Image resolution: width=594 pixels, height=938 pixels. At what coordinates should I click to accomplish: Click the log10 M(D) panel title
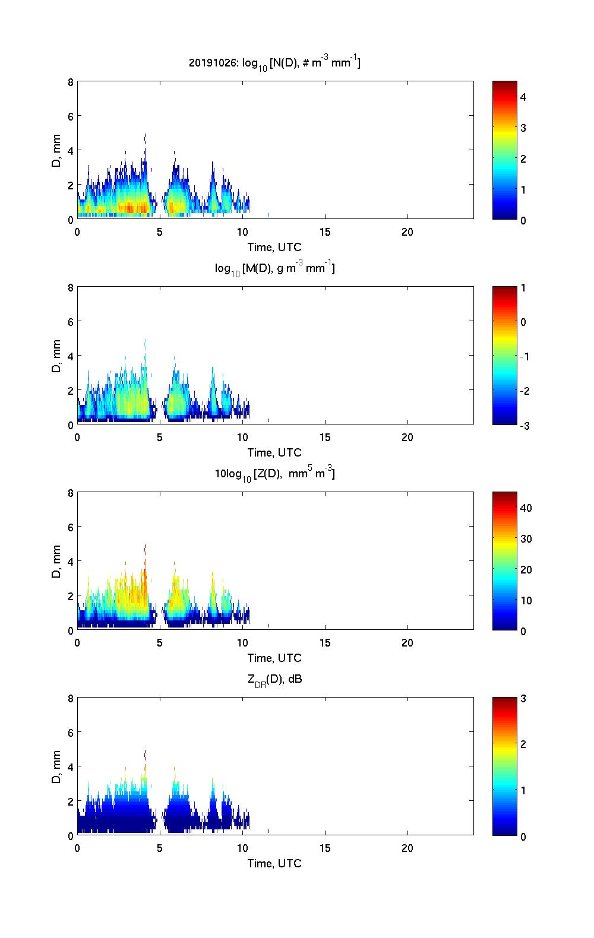274,268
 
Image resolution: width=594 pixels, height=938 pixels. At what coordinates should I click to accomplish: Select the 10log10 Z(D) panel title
274,474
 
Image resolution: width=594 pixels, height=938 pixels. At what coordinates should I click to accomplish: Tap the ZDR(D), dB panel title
274,679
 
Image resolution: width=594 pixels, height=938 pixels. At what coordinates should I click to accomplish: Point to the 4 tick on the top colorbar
523,97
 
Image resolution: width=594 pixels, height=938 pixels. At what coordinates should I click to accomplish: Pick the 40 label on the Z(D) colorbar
526,508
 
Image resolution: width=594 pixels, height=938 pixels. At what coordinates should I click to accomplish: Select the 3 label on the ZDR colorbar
523,699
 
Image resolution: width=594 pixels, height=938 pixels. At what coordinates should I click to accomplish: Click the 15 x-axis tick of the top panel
325,232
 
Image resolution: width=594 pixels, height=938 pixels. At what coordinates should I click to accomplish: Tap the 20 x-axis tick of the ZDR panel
407,848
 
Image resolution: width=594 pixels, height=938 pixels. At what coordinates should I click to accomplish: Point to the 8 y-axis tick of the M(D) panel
71,287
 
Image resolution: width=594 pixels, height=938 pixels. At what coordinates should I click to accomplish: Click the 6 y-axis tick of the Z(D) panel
71,527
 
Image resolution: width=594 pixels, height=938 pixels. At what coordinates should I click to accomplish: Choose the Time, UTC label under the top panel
274,247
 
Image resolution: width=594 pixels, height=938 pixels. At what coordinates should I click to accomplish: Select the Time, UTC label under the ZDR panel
274,863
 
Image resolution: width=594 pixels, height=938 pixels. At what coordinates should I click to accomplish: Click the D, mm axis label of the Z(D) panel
56,561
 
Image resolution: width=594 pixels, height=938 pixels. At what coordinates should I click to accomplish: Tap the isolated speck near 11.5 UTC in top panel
268,214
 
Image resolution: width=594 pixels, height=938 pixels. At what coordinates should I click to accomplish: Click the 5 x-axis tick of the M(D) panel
160,438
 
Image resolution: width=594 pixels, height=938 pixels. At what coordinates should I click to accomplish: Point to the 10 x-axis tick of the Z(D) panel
242,643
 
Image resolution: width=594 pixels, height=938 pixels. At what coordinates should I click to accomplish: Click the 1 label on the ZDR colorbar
523,790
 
